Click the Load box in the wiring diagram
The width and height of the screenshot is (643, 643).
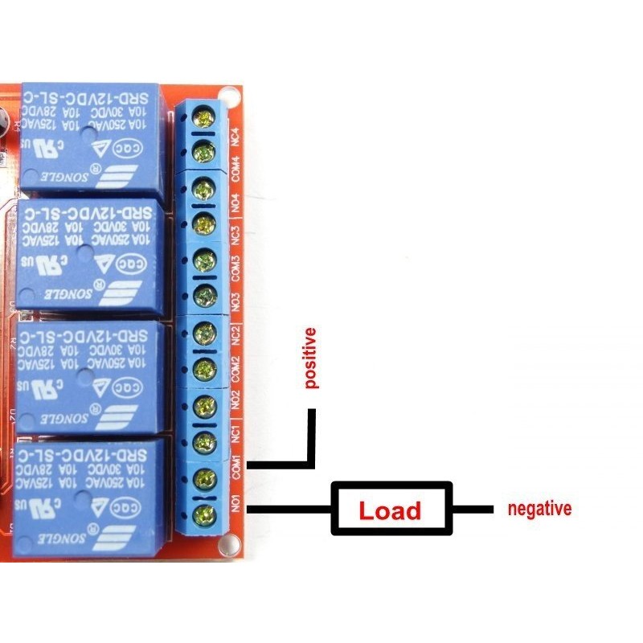pyautogui.click(x=391, y=510)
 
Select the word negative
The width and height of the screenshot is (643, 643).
pyautogui.click(x=539, y=509)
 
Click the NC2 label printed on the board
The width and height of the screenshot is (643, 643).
pyautogui.click(x=235, y=332)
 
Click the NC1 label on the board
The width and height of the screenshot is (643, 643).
pyautogui.click(x=235, y=435)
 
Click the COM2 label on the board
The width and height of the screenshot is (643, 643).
pyautogui.click(x=235, y=368)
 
